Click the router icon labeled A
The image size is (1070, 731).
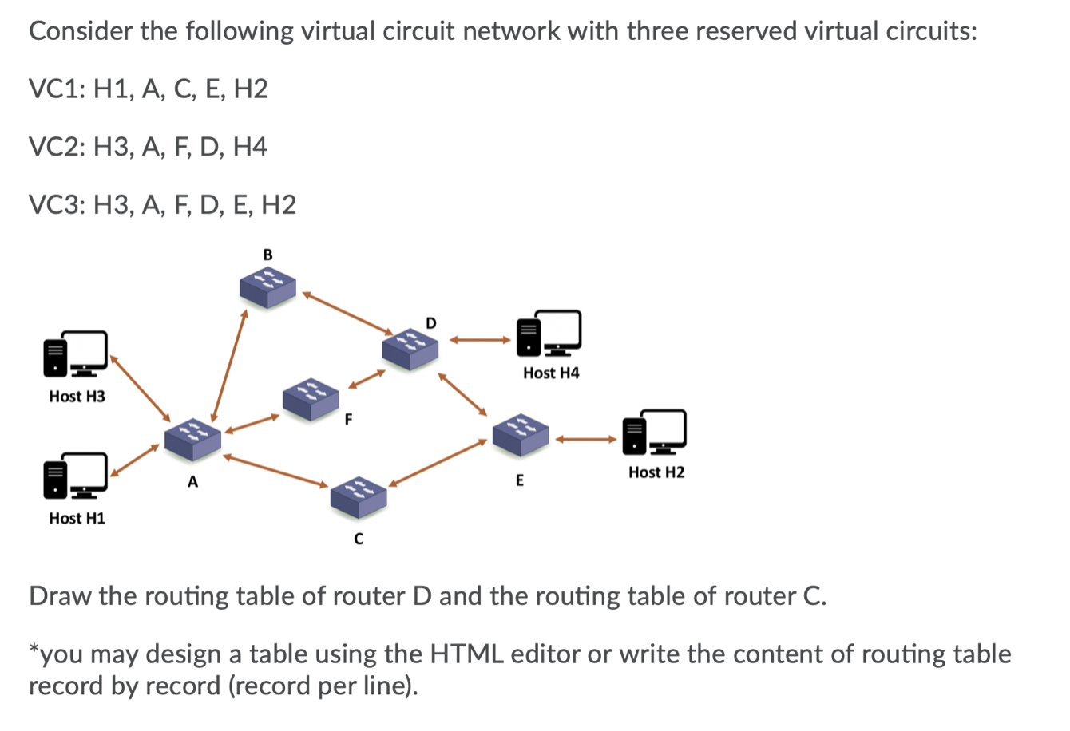click(192, 437)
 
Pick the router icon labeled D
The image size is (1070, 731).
click(410, 347)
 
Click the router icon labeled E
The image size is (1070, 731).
click(521, 434)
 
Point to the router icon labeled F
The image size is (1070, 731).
click(311, 400)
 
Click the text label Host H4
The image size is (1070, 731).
click(551, 373)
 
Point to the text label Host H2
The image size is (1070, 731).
click(656, 472)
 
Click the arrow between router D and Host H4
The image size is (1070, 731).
click(479, 340)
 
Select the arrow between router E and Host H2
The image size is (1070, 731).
click(587, 438)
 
